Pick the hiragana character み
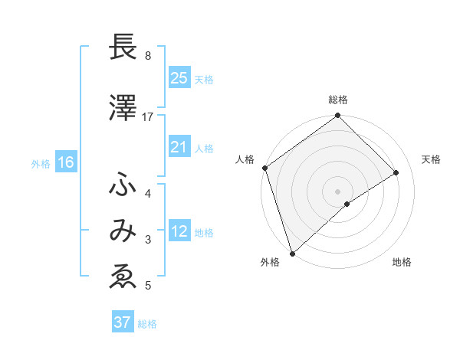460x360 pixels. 122,231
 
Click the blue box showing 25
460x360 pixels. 179,78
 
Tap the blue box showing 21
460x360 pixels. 179,147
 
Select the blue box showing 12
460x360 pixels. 179,231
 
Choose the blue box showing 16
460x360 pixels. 65,162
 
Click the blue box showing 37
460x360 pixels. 122,322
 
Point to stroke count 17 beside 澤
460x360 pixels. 148,116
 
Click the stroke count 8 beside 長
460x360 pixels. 147,55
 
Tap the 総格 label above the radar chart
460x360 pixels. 338,100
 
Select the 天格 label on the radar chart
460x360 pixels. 431,159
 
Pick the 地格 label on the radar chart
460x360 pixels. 402,262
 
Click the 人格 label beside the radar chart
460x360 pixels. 245,159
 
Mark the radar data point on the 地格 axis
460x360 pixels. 347,204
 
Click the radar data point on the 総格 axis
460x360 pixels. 338,116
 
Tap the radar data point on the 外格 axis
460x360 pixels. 291,253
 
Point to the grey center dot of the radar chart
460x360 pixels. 338,191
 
